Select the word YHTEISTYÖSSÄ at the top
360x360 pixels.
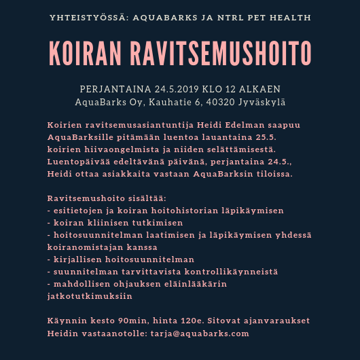(86, 16)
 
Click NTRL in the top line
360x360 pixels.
(223, 16)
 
